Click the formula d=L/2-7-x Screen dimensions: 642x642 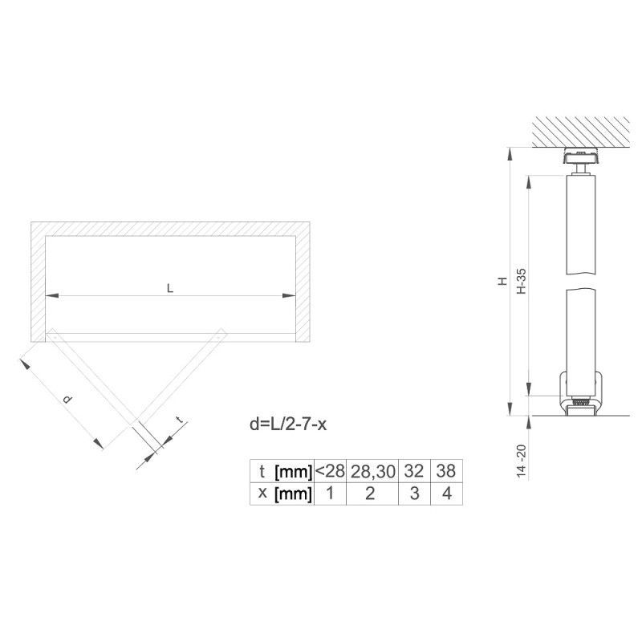click(x=288, y=425)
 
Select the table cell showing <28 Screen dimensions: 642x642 click(x=330, y=471)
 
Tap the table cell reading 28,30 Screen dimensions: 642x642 click(x=372, y=471)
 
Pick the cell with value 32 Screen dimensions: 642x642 click(x=414, y=471)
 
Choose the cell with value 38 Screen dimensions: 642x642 click(x=447, y=471)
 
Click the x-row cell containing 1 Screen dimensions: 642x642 click(x=330, y=494)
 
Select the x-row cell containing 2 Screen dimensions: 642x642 click(x=372, y=494)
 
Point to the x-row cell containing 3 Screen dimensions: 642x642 click(x=414, y=494)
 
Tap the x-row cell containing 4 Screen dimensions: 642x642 click(x=447, y=494)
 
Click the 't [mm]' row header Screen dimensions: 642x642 click(x=282, y=471)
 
